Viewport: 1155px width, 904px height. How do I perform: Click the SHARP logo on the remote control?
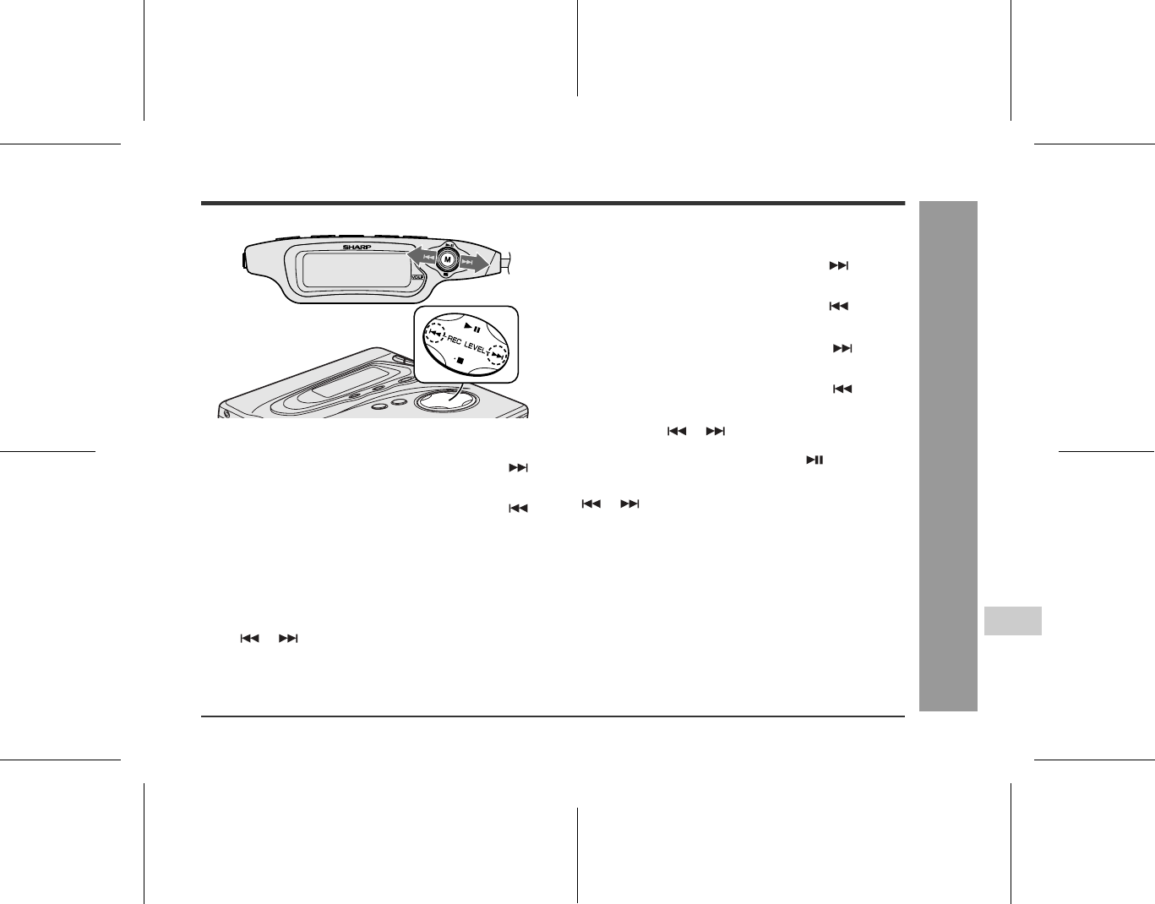click(x=357, y=248)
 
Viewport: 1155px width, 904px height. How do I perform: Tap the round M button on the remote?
click(x=448, y=259)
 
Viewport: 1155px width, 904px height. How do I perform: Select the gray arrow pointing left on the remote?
click(x=422, y=256)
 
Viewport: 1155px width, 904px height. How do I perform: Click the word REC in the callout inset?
click(x=454, y=340)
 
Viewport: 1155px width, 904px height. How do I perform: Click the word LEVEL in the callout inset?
click(x=475, y=346)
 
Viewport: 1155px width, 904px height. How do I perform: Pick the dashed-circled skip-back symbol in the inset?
click(x=435, y=334)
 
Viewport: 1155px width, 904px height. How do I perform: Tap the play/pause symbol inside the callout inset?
click(x=472, y=327)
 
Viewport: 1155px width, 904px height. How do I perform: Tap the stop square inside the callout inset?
click(x=460, y=361)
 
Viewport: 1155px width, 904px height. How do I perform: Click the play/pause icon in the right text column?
click(x=814, y=460)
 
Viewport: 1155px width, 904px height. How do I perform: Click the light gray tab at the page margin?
click(x=1012, y=621)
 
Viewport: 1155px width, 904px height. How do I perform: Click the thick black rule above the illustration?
click(x=553, y=203)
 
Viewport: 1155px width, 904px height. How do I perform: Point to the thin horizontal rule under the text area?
click(x=553, y=716)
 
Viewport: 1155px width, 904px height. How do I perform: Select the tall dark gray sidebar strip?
click(x=948, y=456)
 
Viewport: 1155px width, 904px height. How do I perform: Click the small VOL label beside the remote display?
click(x=417, y=277)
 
